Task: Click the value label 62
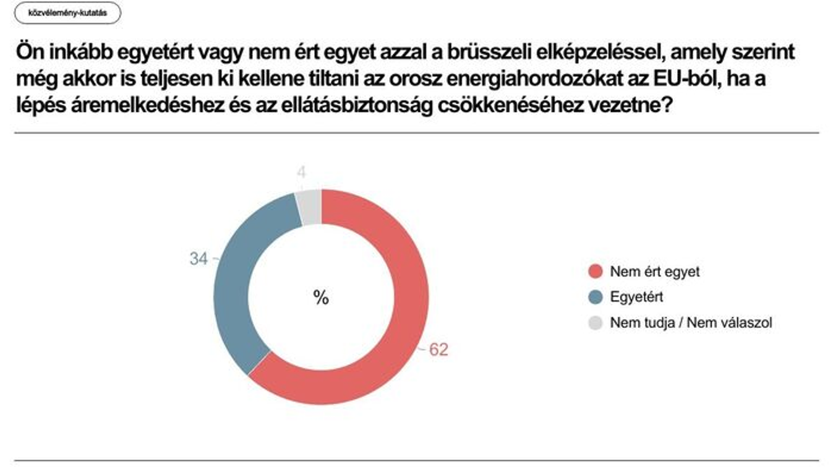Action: tap(438, 350)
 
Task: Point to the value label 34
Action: tap(198, 259)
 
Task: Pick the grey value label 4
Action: tap(301, 173)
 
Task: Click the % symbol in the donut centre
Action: tap(320, 298)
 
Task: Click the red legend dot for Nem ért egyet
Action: tap(595, 272)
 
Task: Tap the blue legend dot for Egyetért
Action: tap(595, 297)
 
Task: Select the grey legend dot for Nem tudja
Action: tap(595, 322)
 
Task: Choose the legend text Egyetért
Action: tap(636, 297)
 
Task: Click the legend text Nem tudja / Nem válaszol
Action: tap(691, 322)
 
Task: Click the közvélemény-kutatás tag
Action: tap(67, 12)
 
